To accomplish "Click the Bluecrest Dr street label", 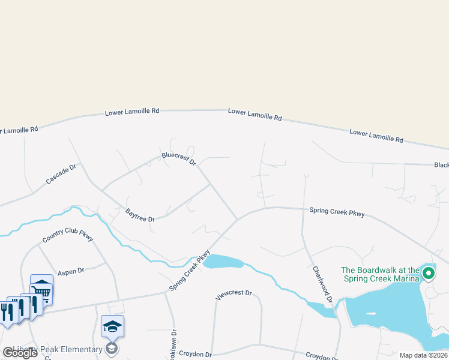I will click(179, 158).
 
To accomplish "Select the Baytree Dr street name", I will click(140, 215).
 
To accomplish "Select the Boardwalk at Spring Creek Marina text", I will click(380, 274).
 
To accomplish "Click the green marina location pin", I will click(428, 274).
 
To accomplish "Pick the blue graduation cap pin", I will click(112, 326).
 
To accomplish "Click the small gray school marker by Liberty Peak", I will click(111, 348).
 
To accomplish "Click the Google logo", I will click(20, 353).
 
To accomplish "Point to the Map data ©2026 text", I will click(423, 355).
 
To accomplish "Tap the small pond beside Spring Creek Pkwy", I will click(223, 261).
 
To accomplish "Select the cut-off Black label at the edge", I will click(441, 165).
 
